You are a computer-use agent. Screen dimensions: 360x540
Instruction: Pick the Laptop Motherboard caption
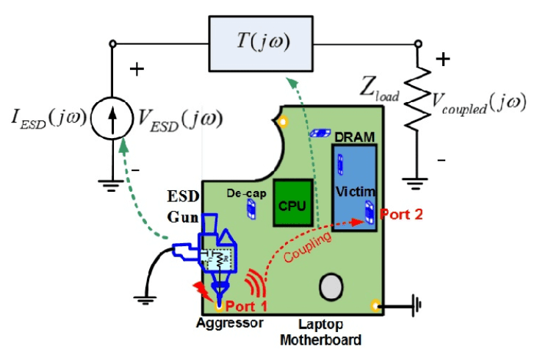click(321, 331)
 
